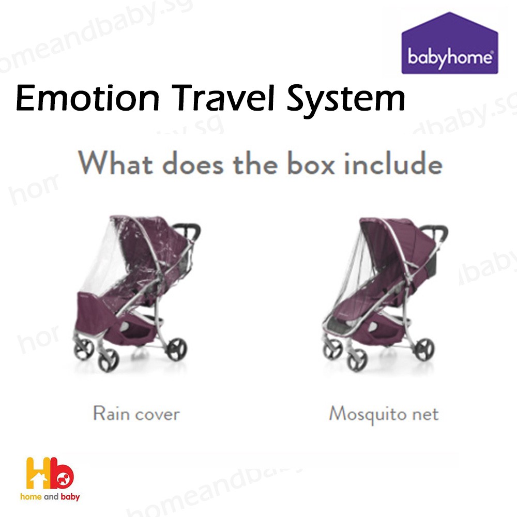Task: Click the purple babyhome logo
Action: (x=449, y=43)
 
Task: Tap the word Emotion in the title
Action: (x=88, y=98)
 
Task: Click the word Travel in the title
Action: (x=223, y=98)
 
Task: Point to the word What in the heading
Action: (x=115, y=162)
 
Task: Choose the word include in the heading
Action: (x=393, y=163)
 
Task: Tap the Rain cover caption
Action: (x=136, y=414)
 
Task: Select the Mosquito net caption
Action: (x=384, y=414)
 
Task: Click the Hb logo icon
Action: (x=50, y=473)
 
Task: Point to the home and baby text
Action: (x=50, y=496)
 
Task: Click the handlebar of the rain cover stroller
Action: (x=190, y=229)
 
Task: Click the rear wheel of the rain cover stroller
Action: (x=177, y=349)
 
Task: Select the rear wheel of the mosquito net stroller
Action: (x=424, y=349)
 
